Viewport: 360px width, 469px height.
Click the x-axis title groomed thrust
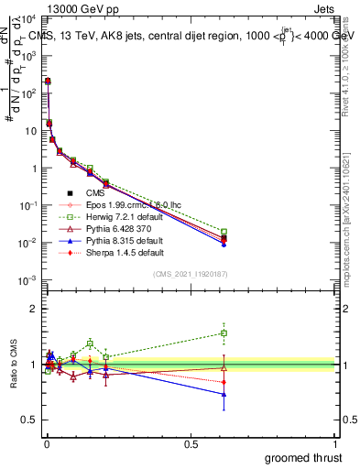coord(305,457)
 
